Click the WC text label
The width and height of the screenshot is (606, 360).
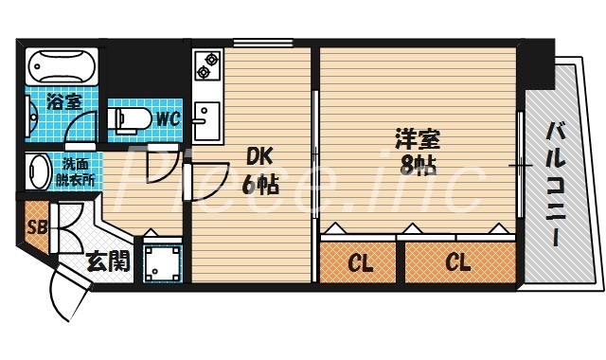click(x=168, y=119)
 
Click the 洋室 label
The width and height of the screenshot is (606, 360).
click(x=417, y=140)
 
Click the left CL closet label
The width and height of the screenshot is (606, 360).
click(x=359, y=262)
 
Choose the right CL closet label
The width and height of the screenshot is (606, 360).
click(x=458, y=262)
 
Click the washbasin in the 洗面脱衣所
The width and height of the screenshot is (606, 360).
click(x=39, y=173)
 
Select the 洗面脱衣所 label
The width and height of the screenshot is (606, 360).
click(x=76, y=171)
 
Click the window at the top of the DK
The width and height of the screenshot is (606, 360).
click(x=262, y=42)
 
